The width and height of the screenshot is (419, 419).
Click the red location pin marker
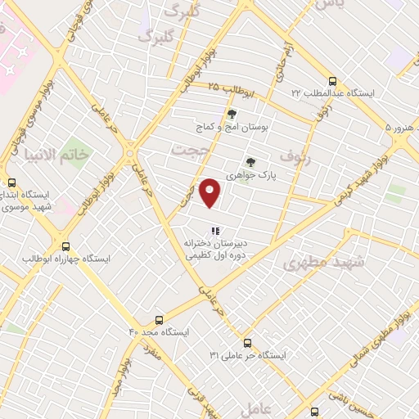(211, 191)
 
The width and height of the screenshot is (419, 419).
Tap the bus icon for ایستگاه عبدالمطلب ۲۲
(332, 81)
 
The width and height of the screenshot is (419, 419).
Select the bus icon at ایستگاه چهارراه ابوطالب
(65, 246)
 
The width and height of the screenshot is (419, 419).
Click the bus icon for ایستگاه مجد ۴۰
(159, 320)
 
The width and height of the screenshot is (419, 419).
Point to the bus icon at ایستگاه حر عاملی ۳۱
(248, 343)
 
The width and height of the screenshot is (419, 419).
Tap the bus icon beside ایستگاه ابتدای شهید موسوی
(11, 183)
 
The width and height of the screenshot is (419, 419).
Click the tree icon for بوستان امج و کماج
(232, 115)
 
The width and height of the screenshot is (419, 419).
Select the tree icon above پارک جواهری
(250, 162)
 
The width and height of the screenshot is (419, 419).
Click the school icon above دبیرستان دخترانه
(215, 231)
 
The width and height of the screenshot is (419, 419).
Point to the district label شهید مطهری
(315, 263)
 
